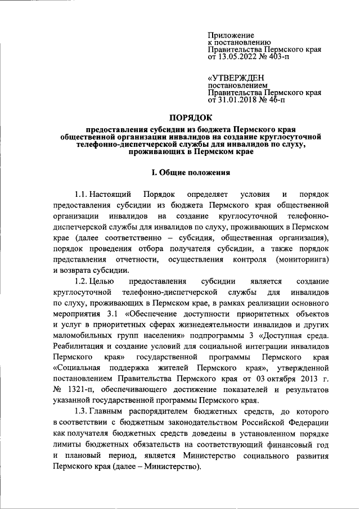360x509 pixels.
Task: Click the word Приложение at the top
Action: (x=231, y=35)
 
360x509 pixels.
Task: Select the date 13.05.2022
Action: (x=238, y=57)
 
